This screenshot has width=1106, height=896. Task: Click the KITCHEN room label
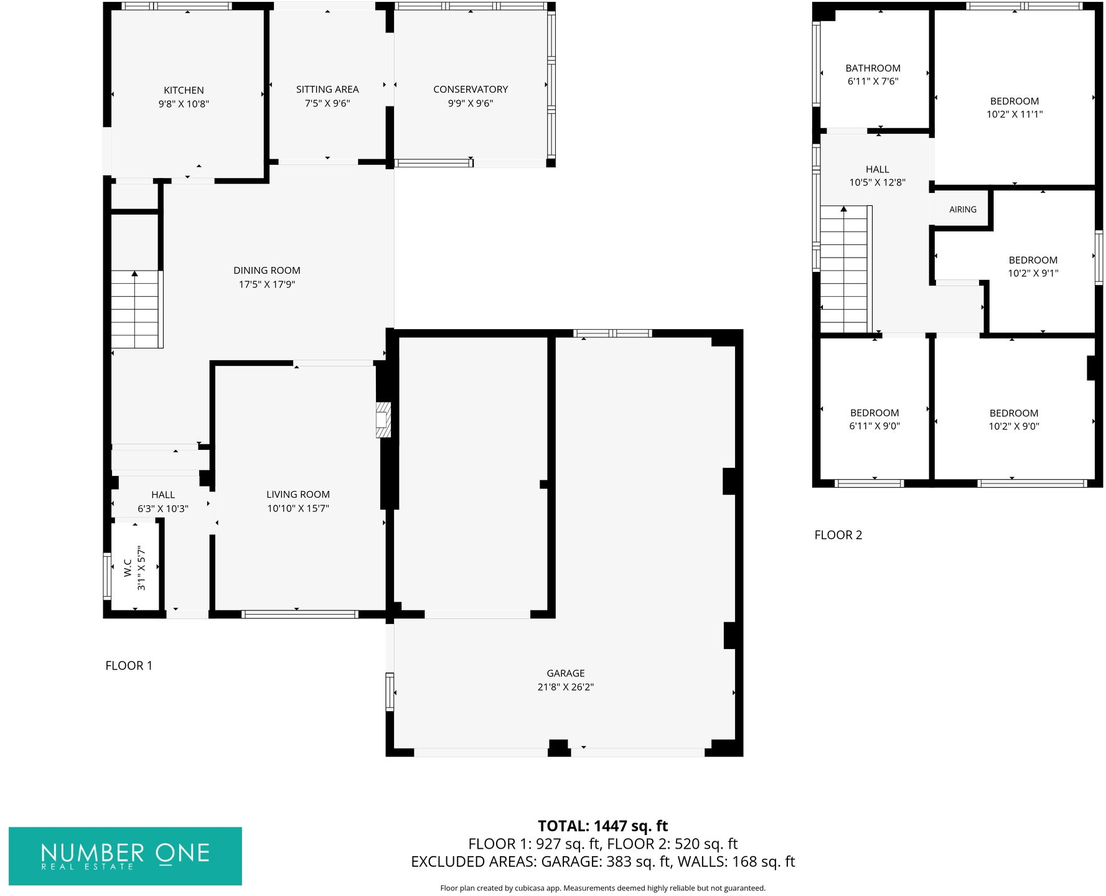pyautogui.click(x=184, y=90)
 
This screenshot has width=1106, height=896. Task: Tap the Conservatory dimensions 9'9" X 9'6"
pyautogui.click(x=470, y=103)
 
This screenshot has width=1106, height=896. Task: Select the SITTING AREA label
pyautogui.click(x=327, y=90)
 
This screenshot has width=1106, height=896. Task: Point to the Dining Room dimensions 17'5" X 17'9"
pyautogui.click(x=267, y=284)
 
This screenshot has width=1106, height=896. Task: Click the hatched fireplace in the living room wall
pyautogui.click(x=383, y=420)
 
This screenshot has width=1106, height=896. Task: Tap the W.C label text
pyautogui.click(x=128, y=567)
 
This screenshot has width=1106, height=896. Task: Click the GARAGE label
pyautogui.click(x=565, y=673)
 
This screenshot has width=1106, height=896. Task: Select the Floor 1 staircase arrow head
pyautogui.click(x=134, y=274)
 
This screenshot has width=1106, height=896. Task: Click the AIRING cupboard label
pyautogui.click(x=962, y=210)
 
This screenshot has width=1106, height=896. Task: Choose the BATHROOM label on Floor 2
pyautogui.click(x=873, y=68)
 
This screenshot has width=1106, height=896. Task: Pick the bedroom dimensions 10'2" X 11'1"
pyautogui.click(x=1014, y=114)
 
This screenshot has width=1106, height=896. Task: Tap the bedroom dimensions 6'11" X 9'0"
pyautogui.click(x=874, y=426)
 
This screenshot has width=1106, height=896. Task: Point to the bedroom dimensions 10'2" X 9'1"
pyautogui.click(x=1033, y=273)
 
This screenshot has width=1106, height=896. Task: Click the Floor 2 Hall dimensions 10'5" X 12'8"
pyautogui.click(x=877, y=182)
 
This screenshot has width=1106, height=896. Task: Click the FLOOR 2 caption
pyautogui.click(x=838, y=535)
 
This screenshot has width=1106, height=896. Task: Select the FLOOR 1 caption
pyautogui.click(x=129, y=666)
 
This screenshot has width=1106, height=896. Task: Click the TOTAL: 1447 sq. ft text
pyautogui.click(x=602, y=826)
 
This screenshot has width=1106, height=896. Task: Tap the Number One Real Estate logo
pyautogui.click(x=125, y=856)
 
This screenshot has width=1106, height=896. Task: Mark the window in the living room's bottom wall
pyautogui.click(x=299, y=615)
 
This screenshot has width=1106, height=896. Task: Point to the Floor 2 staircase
pyautogui.click(x=844, y=274)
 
